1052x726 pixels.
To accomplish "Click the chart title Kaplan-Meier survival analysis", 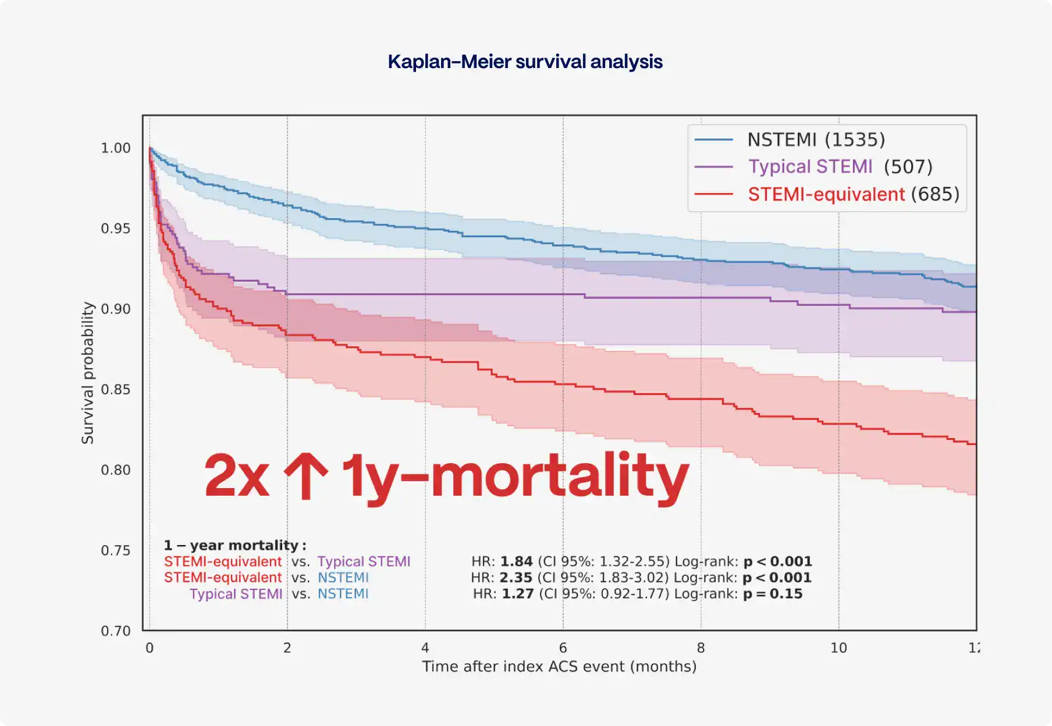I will [525, 62].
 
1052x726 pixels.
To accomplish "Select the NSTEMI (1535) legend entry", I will [816, 140].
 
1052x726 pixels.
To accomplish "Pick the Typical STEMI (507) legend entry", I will [840, 167].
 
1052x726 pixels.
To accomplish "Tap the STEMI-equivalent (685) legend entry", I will [853, 194].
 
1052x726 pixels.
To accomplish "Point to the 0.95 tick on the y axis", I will [116, 229].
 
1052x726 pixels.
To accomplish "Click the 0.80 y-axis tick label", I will [116, 470].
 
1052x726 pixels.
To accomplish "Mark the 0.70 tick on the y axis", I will [116, 631].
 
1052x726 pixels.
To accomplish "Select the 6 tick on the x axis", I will [563, 648].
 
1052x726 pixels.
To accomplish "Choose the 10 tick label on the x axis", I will [838, 648].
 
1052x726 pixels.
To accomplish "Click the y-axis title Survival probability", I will [88, 373].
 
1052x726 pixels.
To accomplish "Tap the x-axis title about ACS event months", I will [559, 667].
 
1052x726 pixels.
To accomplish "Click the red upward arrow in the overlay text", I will [305, 476].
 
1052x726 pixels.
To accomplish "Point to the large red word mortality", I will [559, 476].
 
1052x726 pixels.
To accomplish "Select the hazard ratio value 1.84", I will [516, 562].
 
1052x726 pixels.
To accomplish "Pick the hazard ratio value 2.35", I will [516, 578].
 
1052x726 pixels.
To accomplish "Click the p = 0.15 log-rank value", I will [773, 595].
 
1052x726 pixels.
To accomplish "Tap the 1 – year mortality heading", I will [234, 546].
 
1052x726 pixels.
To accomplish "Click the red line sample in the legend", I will [714, 194].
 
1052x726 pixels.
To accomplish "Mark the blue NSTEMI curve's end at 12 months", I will [975, 286].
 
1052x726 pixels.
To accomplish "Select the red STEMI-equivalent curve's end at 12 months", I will [975, 444].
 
